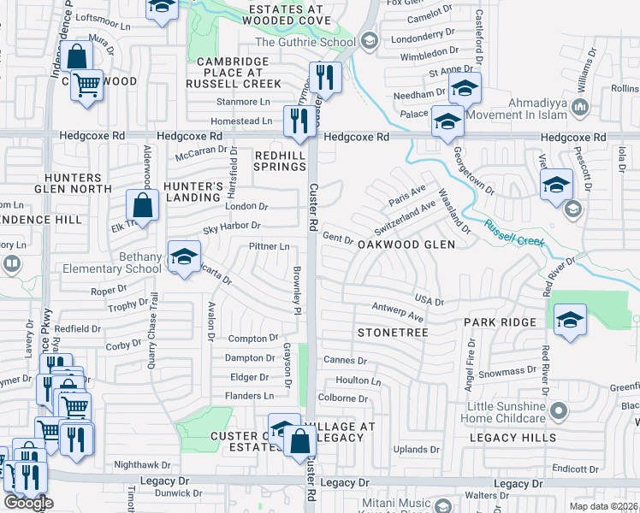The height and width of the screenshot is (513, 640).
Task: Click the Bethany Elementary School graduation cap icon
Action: (184, 256)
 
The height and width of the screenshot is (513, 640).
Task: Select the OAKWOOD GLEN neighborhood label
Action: (406, 244)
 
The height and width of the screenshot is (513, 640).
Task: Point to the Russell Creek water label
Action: (514, 233)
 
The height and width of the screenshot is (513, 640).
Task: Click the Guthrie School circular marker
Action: (370, 41)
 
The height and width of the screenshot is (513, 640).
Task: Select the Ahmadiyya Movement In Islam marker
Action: (581, 107)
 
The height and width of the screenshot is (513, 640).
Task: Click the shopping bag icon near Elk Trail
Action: (142, 206)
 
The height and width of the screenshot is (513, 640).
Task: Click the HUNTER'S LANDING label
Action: (193, 192)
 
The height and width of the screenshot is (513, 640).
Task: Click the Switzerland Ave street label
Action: (405, 220)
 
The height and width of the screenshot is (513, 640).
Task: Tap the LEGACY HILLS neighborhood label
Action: (513, 438)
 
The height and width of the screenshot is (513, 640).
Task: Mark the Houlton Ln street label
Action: (359, 380)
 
